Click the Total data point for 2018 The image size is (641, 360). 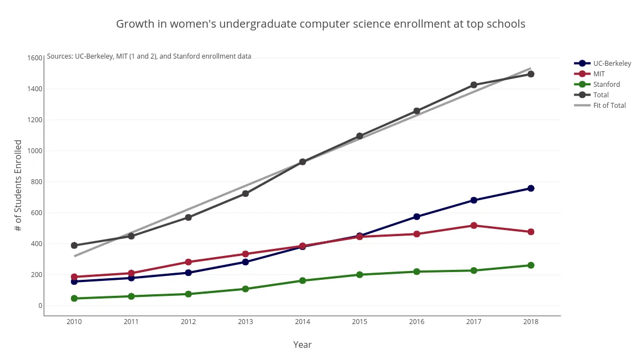tap(530, 74)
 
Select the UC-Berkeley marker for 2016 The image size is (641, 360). tap(416, 217)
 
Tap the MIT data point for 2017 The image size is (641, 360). tap(473, 226)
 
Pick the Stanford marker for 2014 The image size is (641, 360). tap(303, 280)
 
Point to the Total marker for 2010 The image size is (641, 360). tap(74, 246)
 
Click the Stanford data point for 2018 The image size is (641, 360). tap(530, 265)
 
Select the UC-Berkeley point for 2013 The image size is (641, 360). tap(246, 262)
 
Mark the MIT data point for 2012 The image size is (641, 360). tap(188, 262)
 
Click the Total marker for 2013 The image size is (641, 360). tap(246, 194)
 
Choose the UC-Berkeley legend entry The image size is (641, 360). tap(612, 64)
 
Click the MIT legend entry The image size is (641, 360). tap(599, 74)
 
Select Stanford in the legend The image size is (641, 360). tap(606, 85)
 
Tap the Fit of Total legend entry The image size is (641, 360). tap(609, 106)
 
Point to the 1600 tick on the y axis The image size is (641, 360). tap(35, 58)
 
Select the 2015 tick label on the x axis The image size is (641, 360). tap(359, 322)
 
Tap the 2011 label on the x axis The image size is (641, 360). tap(131, 322)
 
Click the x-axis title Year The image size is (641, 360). tap(303, 345)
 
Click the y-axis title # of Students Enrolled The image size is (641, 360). tap(18, 186)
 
